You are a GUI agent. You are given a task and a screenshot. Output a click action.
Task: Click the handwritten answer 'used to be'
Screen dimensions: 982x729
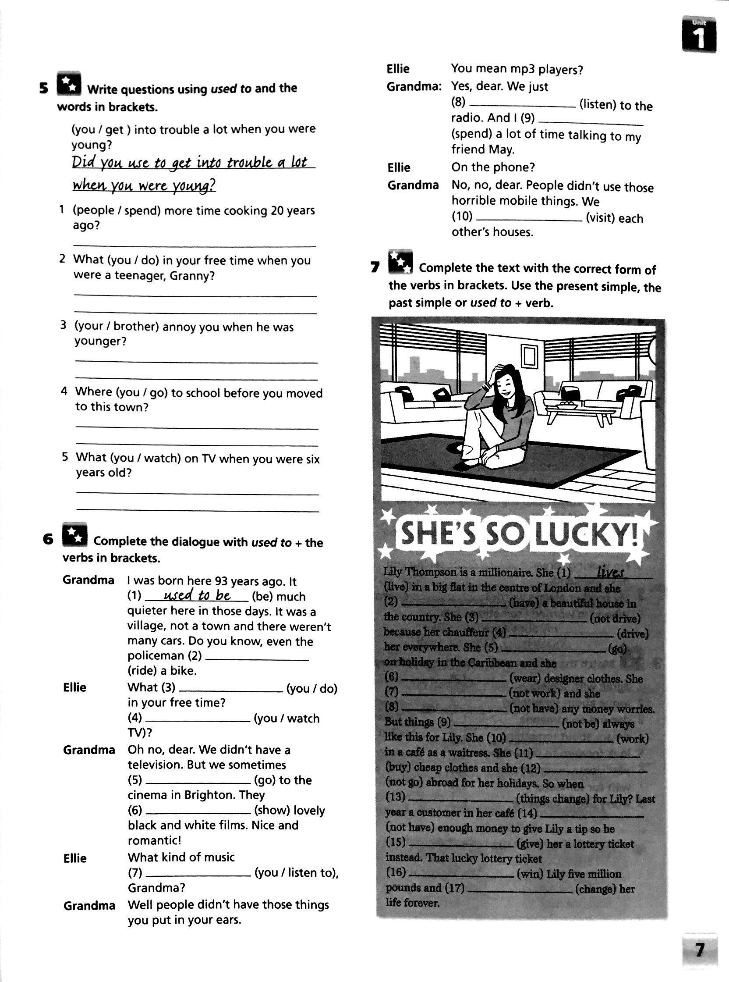[197, 595]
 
